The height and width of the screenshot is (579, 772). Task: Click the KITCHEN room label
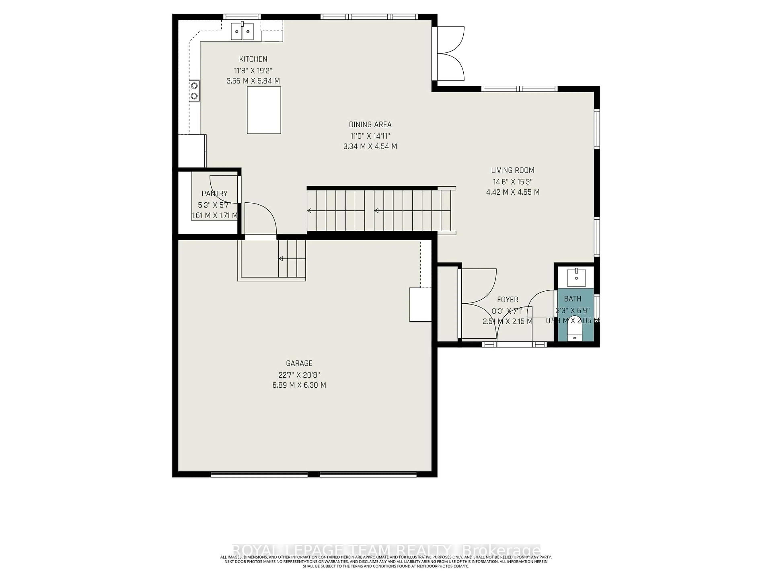click(253, 59)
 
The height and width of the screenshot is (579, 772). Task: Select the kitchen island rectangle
click(264, 110)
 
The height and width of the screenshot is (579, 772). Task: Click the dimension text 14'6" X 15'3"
click(512, 182)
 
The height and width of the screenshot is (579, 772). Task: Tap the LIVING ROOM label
click(512, 170)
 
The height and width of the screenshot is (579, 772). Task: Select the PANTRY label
click(214, 194)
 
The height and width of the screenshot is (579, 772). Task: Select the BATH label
click(573, 299)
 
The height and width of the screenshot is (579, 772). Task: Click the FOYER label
click(507, 299)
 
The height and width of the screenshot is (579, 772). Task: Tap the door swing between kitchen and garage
click(260, 218)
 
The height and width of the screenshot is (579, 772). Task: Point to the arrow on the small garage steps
click(280, 259)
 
